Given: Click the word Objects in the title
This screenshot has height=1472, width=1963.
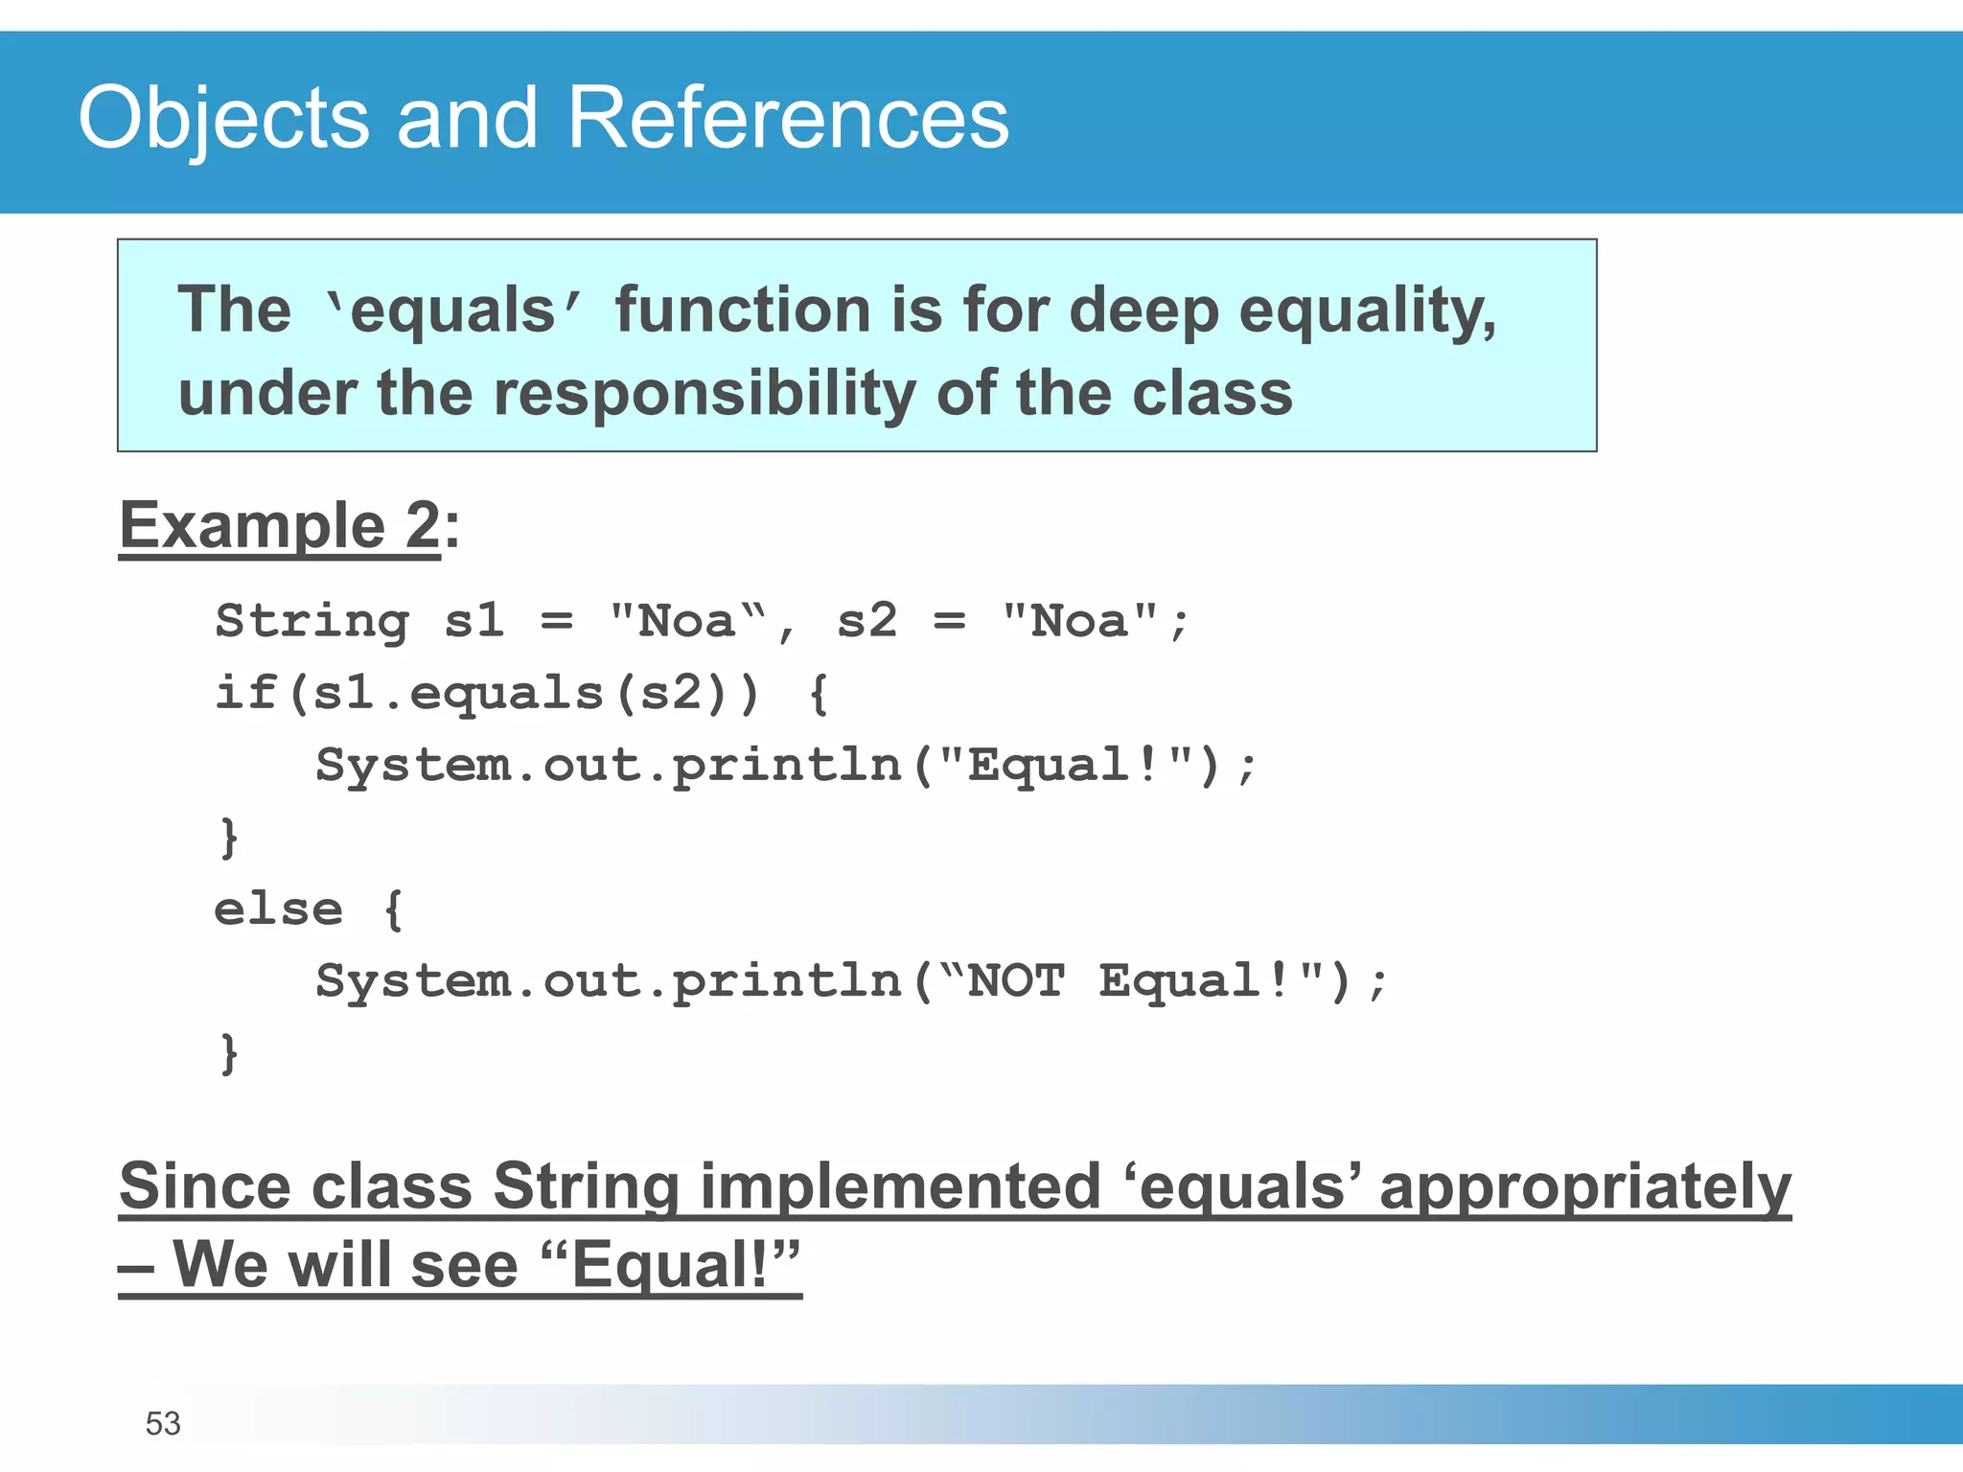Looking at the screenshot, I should coord(223,119).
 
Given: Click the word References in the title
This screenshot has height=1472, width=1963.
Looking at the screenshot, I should coord(788,119).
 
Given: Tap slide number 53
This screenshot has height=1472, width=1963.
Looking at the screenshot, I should coord(163,1423).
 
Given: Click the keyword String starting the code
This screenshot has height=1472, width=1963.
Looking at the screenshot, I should coord(312,621).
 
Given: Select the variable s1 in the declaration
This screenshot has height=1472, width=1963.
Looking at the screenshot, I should coord(473,621).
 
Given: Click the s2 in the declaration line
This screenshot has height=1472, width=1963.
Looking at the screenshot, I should coord(866,621).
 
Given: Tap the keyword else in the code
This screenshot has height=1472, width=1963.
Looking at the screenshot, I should coord(278,908).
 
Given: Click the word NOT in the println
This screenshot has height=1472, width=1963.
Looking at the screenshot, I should coord(1016,980).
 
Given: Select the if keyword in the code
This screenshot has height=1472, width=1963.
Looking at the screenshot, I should coord(244,692).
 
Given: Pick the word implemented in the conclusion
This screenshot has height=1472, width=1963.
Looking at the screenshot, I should coord(900,1186).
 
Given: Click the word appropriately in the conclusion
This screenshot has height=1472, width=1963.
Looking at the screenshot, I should coord(1584,1186).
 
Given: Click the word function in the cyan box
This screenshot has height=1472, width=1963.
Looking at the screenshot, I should coord(742,311).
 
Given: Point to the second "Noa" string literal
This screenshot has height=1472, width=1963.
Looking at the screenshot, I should coord(1079,621).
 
